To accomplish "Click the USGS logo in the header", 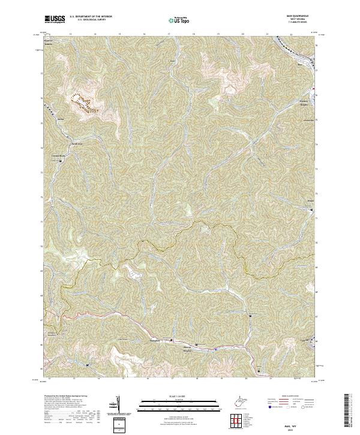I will [x=55, y=20].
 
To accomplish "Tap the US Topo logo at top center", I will [x=179, y=20].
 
